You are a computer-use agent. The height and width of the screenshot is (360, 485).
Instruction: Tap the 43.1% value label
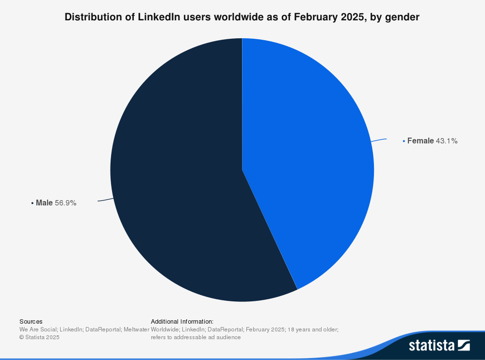[447, 141]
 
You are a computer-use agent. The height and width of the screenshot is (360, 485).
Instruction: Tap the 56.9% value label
[65, 203]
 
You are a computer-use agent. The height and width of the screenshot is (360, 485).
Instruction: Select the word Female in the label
[420, 141]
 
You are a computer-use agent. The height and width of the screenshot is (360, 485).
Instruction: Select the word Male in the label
[44, 203]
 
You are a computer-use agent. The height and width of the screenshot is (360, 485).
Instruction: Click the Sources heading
[31, 321]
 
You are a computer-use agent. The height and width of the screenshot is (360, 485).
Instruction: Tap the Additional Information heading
[182, 321]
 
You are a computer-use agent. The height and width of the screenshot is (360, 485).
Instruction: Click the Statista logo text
[431, 345]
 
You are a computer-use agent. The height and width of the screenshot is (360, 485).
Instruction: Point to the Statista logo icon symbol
[464, 345]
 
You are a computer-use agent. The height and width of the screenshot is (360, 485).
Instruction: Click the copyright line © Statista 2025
[39, 337]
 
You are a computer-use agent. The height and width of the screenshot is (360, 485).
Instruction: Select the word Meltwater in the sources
[136, 329]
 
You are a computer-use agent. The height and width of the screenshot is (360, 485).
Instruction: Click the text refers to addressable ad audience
[195, 337]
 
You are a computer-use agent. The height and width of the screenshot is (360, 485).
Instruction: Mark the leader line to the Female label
[379, 140]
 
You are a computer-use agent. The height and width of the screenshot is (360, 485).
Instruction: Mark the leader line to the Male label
[106, 200]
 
